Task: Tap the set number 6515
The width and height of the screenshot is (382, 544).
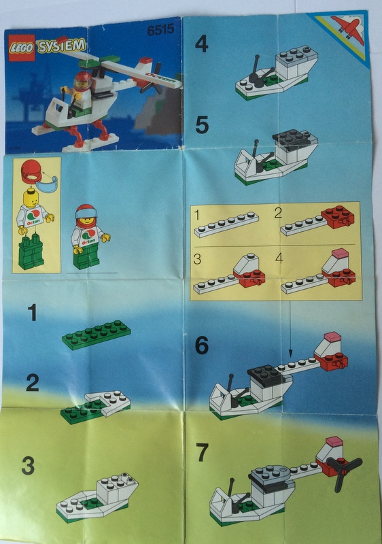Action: pos(160,30)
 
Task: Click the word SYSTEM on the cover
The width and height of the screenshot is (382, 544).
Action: pos(61,46)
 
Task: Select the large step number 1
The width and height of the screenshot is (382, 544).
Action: pos(32,312)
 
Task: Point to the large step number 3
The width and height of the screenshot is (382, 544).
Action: pos(28,466)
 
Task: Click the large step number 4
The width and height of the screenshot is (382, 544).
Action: pos(202,44)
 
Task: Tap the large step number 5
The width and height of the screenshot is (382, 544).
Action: pos(202,125)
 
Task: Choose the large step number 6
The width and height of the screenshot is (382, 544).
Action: pos(202,345)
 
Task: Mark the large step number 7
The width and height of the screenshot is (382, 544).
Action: pos(202,452)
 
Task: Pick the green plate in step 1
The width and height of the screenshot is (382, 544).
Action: pos(97,335)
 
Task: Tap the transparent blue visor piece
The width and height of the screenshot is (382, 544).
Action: pos(47,184)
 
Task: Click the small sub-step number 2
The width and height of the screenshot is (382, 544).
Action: pos(277,213)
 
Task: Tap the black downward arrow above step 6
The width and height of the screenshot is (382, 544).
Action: pos(290,328)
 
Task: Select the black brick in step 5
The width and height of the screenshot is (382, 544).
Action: pos(294,139)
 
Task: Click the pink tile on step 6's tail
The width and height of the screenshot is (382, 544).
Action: pos(333,336)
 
